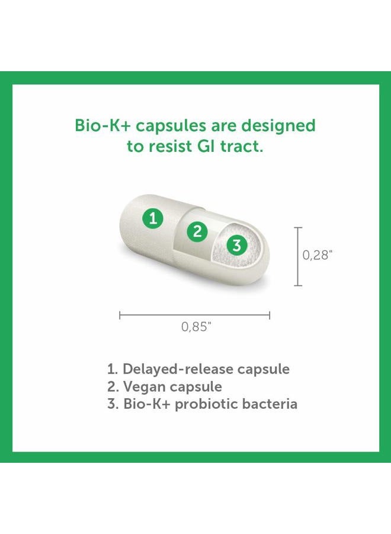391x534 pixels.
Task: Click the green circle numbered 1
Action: tap(153, 219)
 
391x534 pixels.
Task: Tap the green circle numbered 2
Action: tap(198, 231)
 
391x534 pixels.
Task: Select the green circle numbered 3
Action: tap(236, 245)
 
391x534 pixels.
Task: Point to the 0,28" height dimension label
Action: tap(318, 255)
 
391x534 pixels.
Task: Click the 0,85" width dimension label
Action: tap(196, 327)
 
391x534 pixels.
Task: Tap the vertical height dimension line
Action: tap(298, 256)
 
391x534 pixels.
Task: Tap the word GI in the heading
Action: tap(201, 147)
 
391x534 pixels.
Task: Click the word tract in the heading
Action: tap(239, 147)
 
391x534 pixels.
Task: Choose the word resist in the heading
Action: tap(166, 147)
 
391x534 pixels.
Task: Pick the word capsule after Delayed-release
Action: tap(264, 369)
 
